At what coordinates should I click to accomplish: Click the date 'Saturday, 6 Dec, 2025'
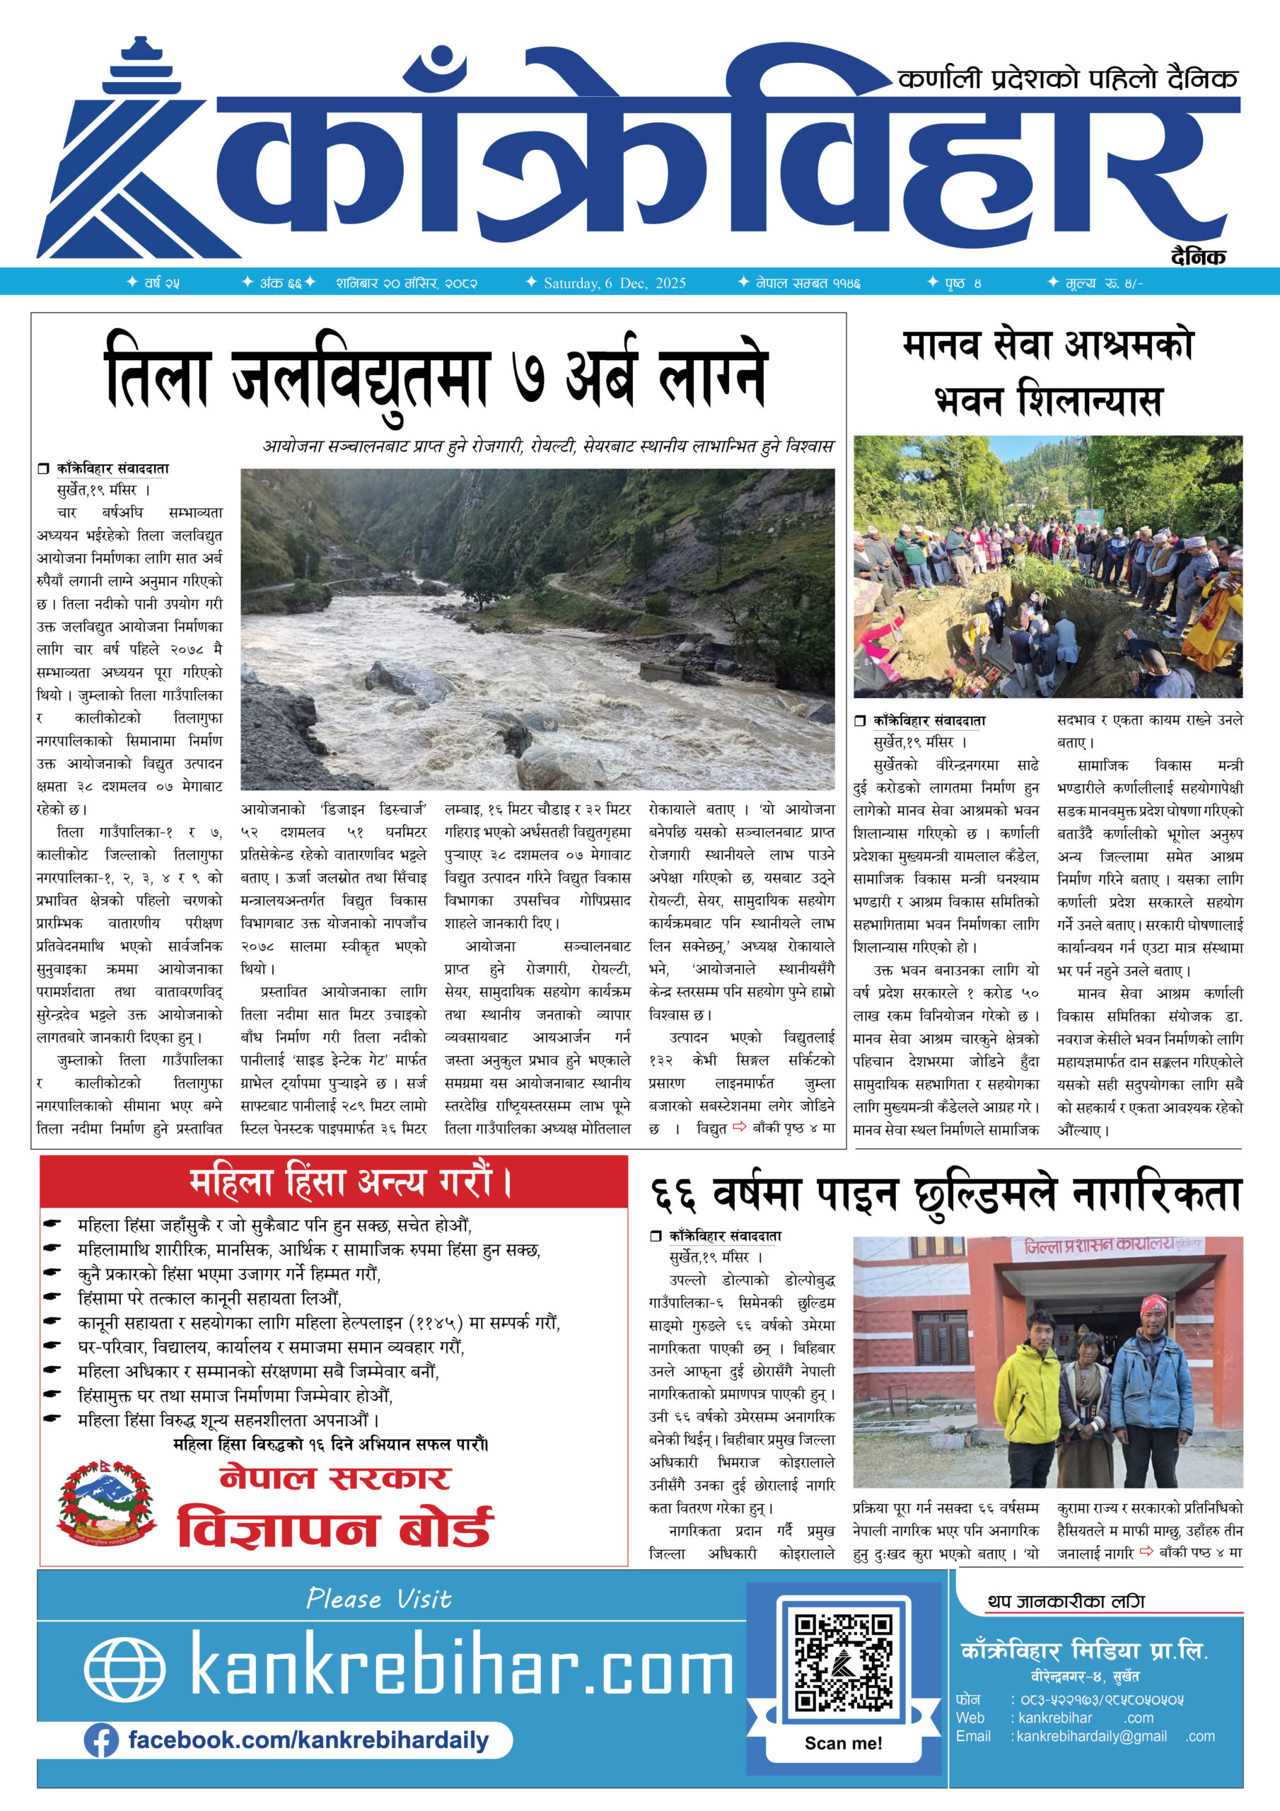tap(615, 283)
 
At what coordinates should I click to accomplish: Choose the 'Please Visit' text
tap(378, 1599)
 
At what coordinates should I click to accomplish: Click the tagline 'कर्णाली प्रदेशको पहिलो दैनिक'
tap(1068, 78)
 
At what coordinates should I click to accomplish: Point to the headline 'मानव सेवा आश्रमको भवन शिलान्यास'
tap(1047, 373)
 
